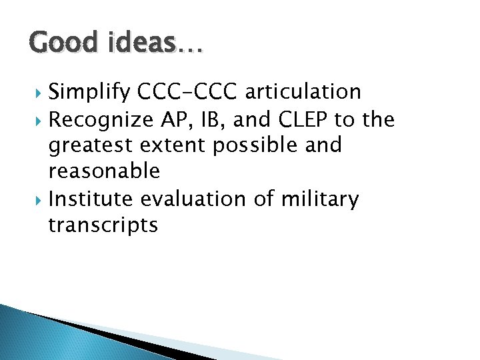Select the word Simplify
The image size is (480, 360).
90,93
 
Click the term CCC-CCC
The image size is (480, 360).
189,92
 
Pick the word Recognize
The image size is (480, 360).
101,120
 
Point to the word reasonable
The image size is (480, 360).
104,171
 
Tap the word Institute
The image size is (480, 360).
91,198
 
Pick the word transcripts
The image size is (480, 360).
103,225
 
